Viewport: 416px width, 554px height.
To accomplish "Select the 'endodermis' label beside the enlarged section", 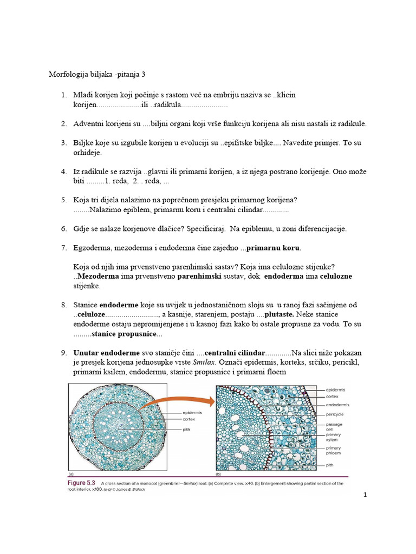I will click(x=337, y=405).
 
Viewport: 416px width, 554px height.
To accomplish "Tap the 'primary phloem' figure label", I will click(x=334, y=451).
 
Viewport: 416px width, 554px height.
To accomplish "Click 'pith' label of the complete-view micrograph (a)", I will click(x=188, y=430).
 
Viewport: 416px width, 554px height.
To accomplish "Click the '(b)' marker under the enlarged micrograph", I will click(x=218, y=473).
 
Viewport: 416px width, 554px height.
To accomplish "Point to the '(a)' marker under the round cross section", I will click(x=70, y=473).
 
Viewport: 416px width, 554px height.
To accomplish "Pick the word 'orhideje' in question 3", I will click(x=88, y=153).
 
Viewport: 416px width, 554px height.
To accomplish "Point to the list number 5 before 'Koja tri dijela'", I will click(x=63, y=200).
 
